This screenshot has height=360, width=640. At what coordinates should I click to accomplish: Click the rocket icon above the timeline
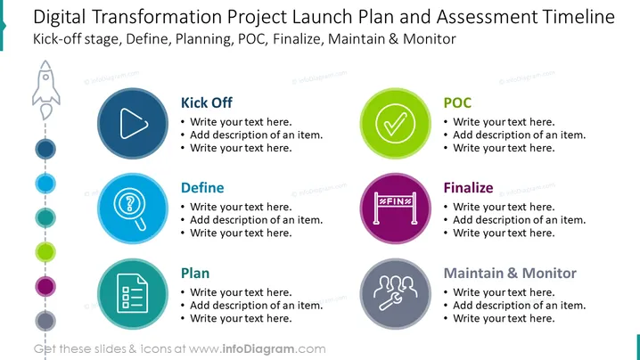pyautogui.click(x=46, y=90)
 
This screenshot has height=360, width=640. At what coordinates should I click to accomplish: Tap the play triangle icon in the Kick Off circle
pyautogui.click(x=134, y=123)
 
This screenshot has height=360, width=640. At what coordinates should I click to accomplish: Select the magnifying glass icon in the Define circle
pyautogui.click(x=131, y=209)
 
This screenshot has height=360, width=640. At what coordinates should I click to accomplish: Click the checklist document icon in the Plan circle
pyautogui.click(x=132, y=293)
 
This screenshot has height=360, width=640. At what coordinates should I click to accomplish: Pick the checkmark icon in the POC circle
pyautogui.click(x=395, y=123)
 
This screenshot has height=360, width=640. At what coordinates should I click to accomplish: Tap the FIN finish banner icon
pyautogui.click(x=395, y=209)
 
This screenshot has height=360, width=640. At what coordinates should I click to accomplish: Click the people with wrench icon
pyautogui.click(x=395, y=293)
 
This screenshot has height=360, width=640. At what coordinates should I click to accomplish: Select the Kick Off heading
pyautogui.click(x=207, y=102)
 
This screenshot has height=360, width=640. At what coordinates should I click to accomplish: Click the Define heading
pyautogui.click(x=202, y=188)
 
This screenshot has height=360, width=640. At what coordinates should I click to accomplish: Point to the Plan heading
pyautogui.click(x=195, y=273)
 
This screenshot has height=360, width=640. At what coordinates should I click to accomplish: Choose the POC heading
pyautogui.click(x=457, y=102)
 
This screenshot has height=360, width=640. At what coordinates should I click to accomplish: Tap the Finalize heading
pyautogui.click(x=468, y=188)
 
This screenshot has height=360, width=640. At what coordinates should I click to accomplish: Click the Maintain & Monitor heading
pyautogui.click(x=510, y=273)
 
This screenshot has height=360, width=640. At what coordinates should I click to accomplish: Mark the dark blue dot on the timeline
pyautogui.click(x=45, y=149)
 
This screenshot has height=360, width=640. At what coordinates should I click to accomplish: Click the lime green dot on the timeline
pyautogui.click(x=45, y=252)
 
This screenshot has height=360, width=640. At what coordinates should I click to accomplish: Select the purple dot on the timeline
pyautogui.click(x=45, y=286)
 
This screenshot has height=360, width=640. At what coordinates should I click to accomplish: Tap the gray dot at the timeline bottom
pyautogui.click(x=45, y=321)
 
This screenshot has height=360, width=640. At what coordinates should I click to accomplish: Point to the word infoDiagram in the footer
pyautogui.click(x=258, y=349)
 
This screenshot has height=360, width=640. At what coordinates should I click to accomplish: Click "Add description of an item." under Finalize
pyautogui.click(x=519, y=220)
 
